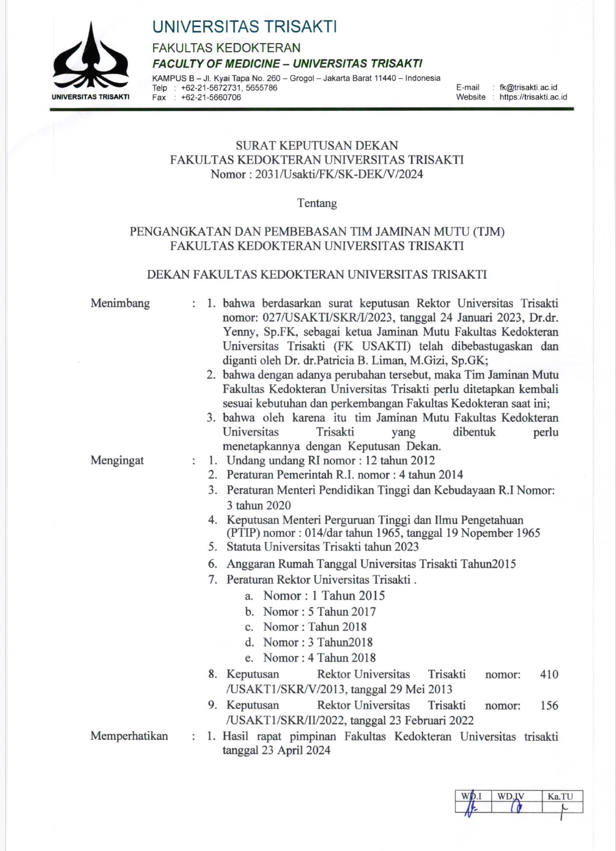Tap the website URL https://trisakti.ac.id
point(533,97)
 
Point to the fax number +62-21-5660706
point(211,97)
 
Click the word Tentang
point(317,203)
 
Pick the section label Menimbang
point(120,304)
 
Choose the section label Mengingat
point(117,461)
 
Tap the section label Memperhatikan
point(129,736)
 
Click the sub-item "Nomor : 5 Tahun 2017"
point(319,612)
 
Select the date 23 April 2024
point(296,750)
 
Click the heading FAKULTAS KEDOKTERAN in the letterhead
point(226,48)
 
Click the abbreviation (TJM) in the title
point(488,232)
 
